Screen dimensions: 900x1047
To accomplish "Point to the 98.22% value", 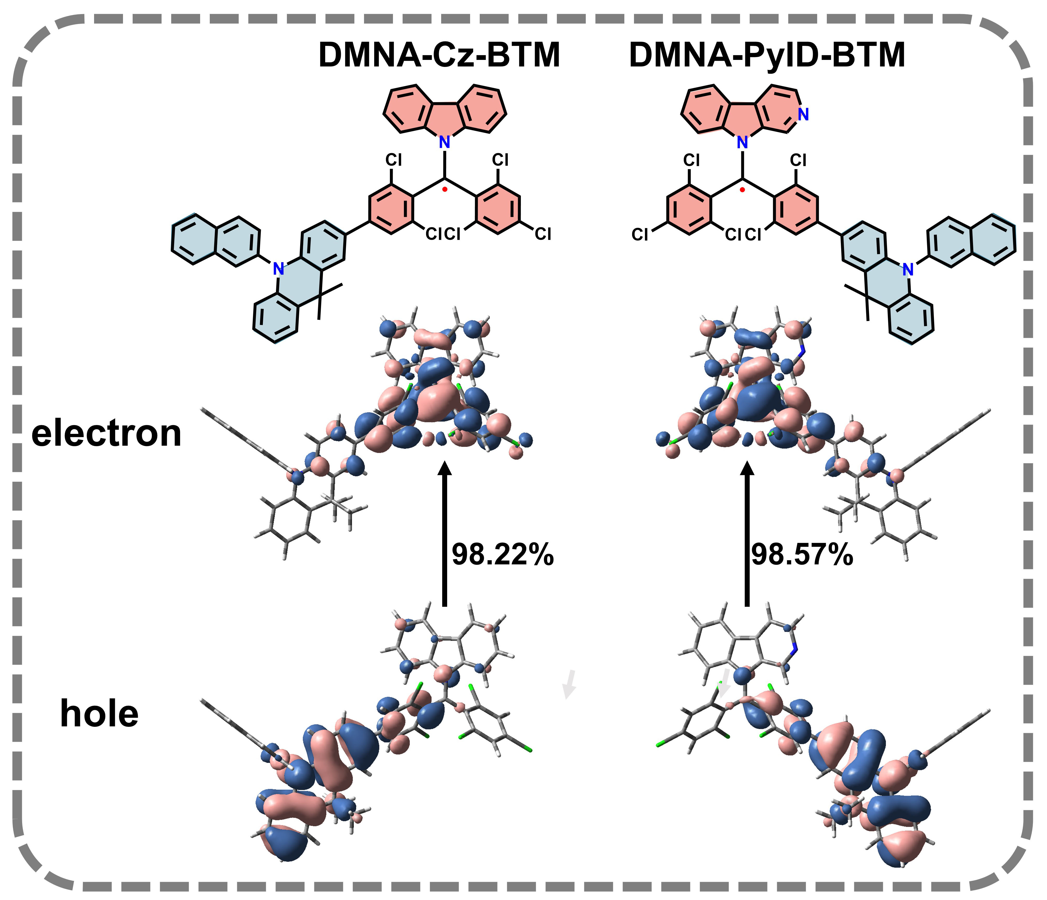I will click(502, 554).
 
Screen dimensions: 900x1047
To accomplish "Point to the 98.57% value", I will click(802, 554).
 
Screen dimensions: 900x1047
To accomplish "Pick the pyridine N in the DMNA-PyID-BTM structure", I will click(803, 115).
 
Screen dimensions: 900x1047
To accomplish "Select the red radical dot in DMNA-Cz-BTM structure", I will click(445, 190).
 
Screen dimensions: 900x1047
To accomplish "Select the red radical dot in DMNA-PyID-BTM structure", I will click(742, 190).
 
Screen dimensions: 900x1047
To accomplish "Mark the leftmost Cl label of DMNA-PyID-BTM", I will click(640, 234).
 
